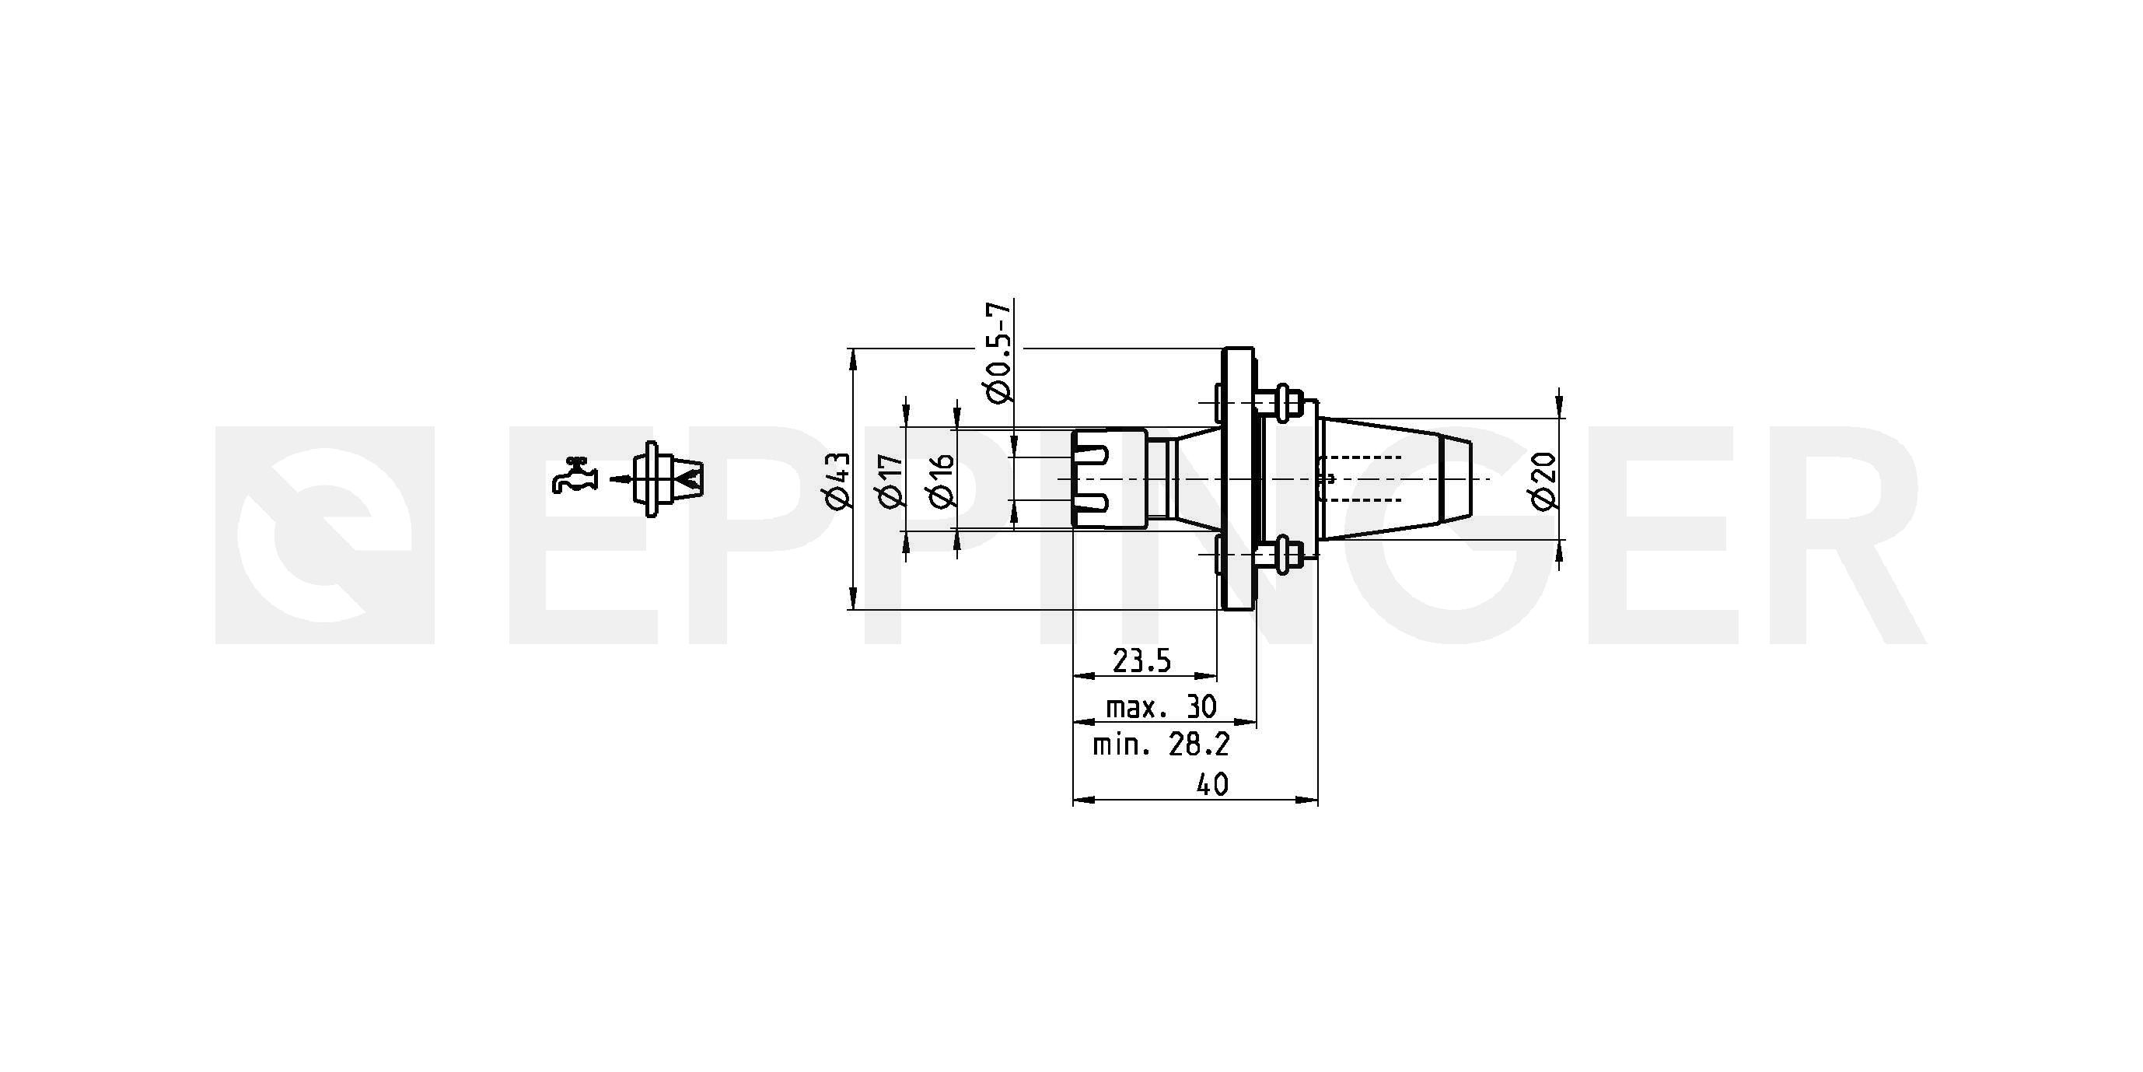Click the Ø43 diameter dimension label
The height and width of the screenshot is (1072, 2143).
pos(836,480)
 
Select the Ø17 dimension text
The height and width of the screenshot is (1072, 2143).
pos(889,481)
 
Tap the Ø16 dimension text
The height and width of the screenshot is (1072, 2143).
pos(941,481)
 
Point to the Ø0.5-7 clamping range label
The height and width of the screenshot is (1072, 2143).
pos(998,352)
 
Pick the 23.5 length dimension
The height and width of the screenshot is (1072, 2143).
pos(1141,660)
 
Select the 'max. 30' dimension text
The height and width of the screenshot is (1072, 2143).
pos(1160,706)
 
